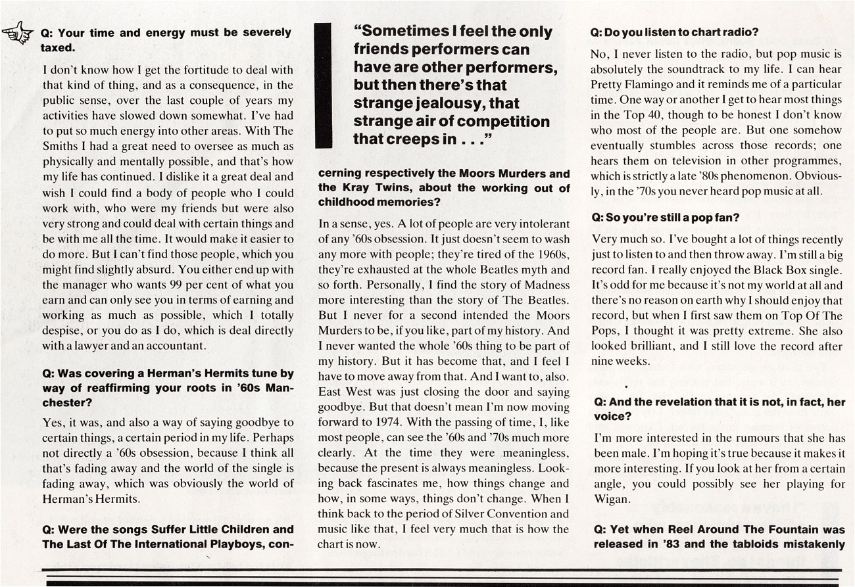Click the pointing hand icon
pyautogui.click(x=18, y=33)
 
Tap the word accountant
pyautogui.click(x=178, y=345)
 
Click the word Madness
pyautogui.click(x=547, y=285)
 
